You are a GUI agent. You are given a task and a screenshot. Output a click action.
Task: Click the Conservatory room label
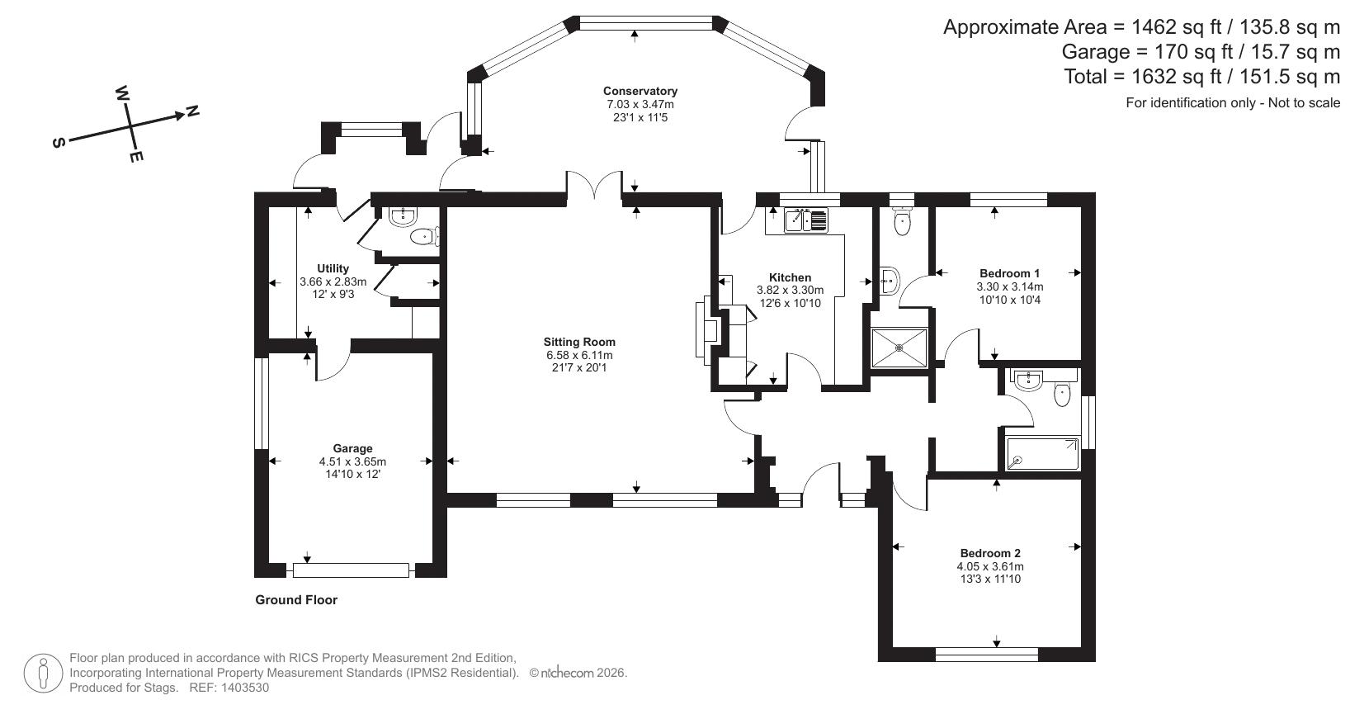point(640,91)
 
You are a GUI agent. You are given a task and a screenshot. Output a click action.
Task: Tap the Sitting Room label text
point(579,342)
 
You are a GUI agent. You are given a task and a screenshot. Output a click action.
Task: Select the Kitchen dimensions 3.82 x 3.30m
point(790,291)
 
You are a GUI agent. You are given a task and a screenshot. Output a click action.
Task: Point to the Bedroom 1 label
point(1009,273)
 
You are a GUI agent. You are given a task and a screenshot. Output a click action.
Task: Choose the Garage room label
point(352,449)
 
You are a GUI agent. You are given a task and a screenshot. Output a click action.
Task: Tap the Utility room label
point(333,268)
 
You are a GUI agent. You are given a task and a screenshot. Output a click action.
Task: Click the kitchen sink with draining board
point(805,220)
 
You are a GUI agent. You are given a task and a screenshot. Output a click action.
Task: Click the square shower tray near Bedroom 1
point(899,348)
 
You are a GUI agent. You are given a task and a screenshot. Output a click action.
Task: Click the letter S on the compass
point(59,143)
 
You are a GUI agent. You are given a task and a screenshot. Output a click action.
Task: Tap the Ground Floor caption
point(296,600)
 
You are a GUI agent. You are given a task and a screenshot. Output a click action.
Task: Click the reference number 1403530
point(241,688)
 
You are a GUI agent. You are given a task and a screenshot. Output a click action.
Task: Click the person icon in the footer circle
point(44,674)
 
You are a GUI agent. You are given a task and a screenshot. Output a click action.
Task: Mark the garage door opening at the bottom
point(351,570)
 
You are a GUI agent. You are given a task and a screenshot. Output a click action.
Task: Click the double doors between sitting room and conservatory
point(594,186)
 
